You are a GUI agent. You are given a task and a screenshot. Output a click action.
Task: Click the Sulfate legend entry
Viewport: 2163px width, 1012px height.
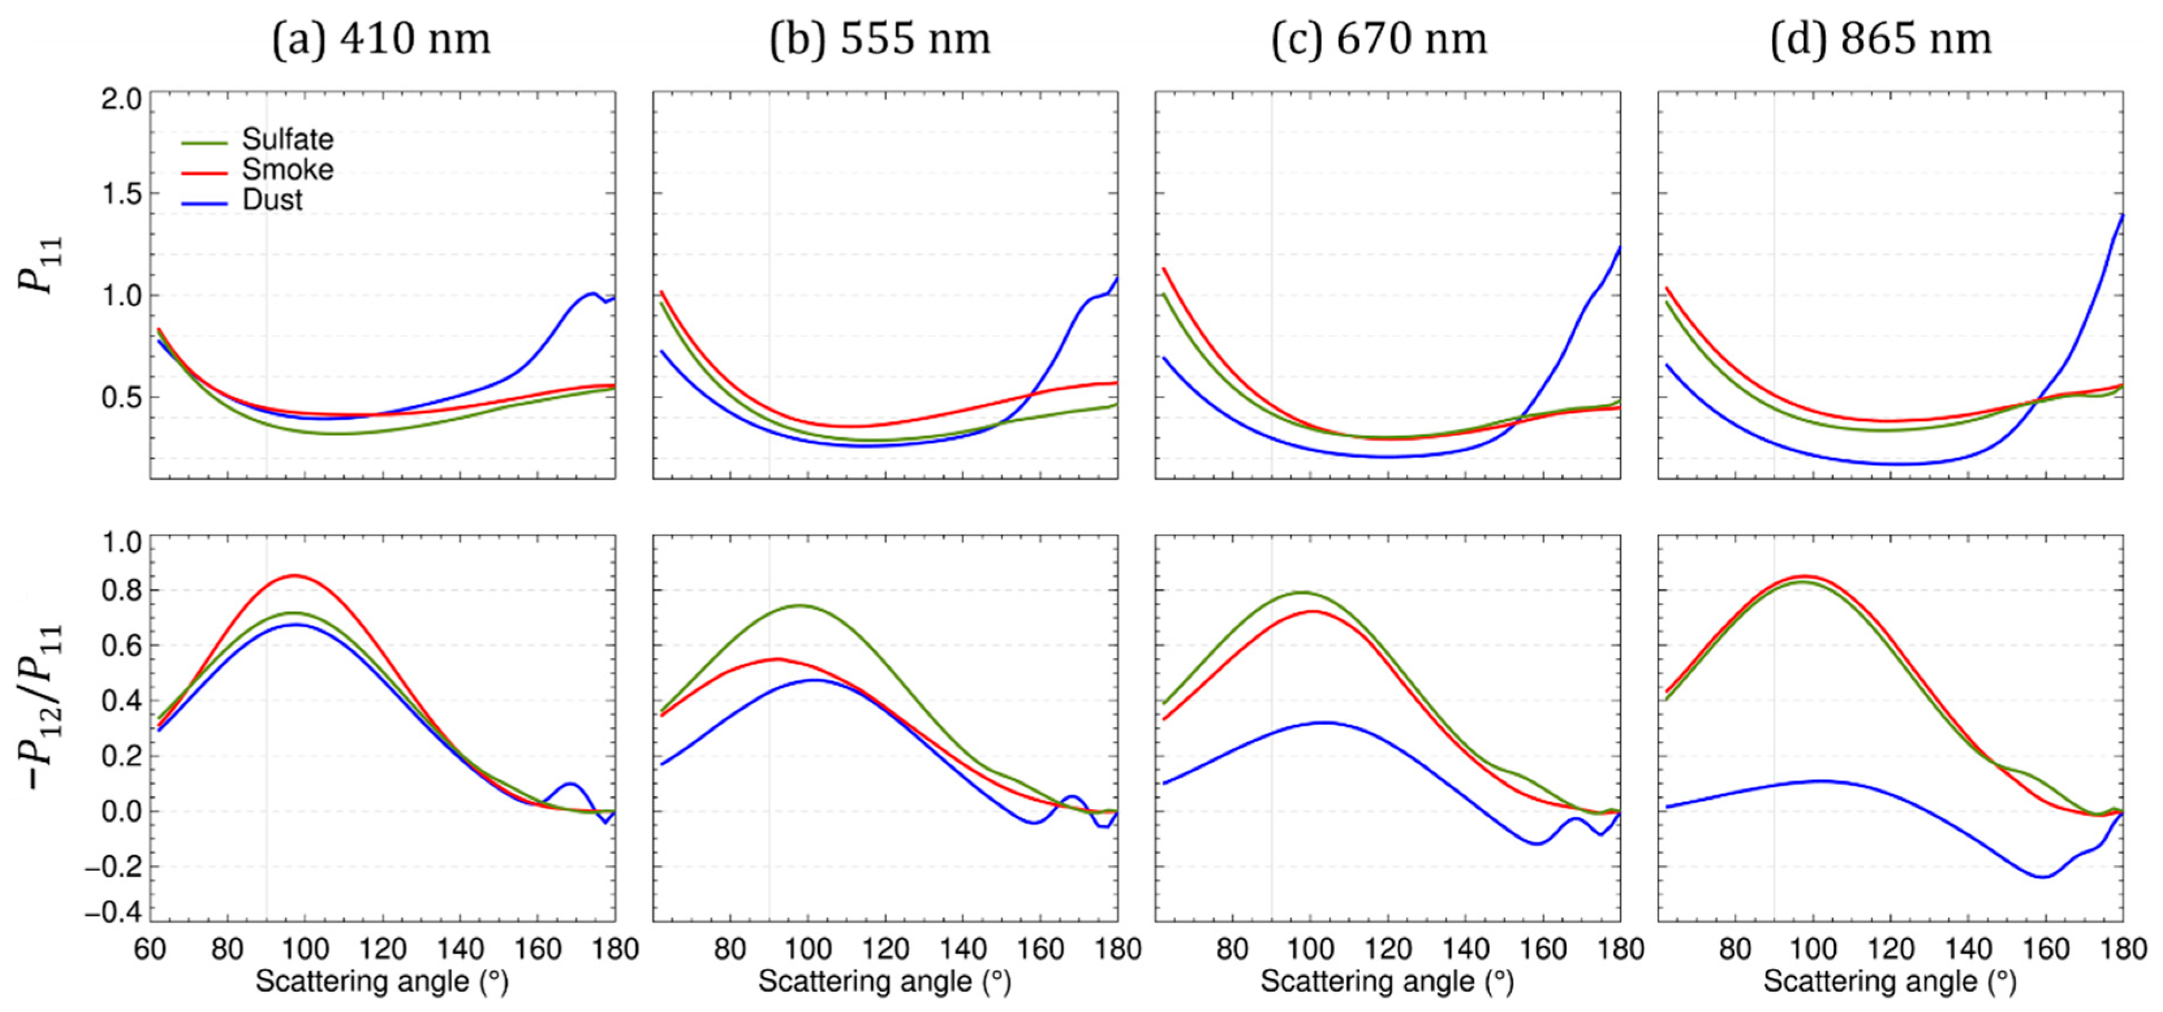(x=286, y=139)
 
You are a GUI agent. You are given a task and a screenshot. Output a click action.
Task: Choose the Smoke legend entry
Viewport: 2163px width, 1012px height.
(x=286, y=170)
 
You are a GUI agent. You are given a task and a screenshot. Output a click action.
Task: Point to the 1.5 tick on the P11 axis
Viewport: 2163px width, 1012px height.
(x=122, y=194)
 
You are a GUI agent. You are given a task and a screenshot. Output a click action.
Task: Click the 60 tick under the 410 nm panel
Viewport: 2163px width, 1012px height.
(x=150, y=949)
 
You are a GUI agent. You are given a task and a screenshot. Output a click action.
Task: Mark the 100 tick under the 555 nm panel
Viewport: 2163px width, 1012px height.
(x=808, y=949)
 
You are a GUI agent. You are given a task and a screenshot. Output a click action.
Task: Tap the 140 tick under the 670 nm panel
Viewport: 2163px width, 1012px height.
(x=1465, y=949)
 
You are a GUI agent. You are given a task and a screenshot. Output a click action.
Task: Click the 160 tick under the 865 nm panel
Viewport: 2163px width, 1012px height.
(x=2046, y=949)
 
